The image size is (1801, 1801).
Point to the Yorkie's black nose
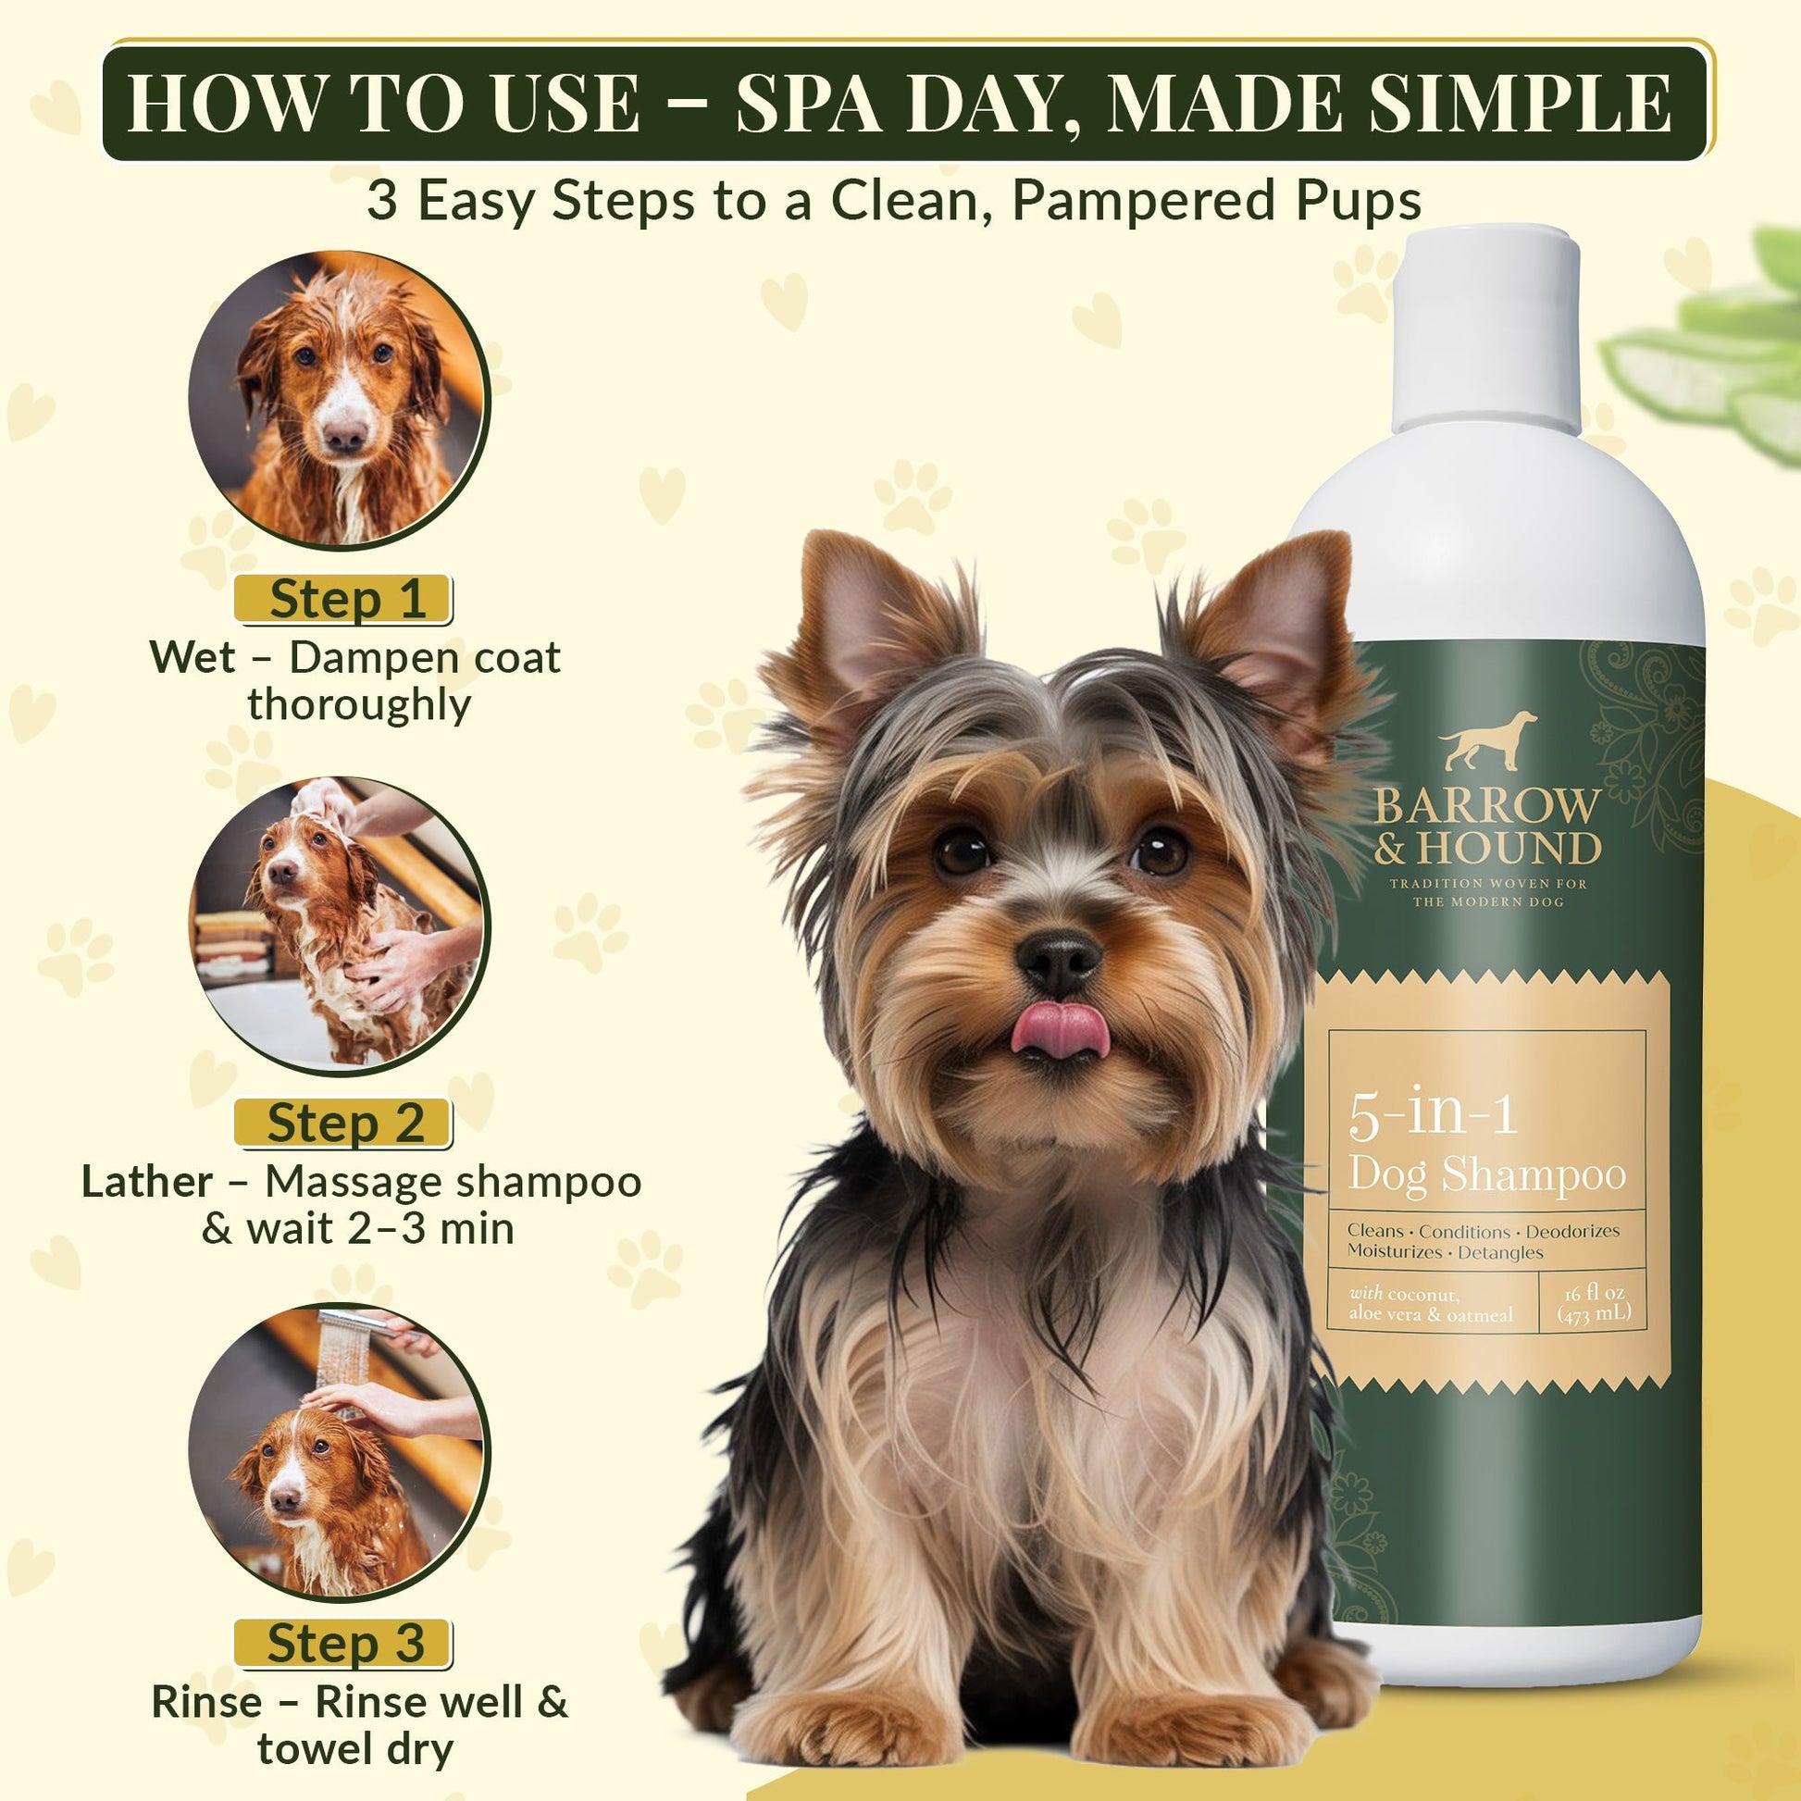(1059, 960)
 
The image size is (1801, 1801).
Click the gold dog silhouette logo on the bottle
(1488, 741)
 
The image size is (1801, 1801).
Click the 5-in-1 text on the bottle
(1433, 1115)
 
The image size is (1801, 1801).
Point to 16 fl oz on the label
(1595, 1293)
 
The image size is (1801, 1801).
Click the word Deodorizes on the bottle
(1573, 1232)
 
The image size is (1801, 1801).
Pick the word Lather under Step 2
(146, 1182)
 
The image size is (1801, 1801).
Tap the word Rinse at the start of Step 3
(206, 1702)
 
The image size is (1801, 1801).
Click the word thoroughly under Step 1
(359, 703)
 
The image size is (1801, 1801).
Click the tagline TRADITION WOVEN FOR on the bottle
(1488, 883)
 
